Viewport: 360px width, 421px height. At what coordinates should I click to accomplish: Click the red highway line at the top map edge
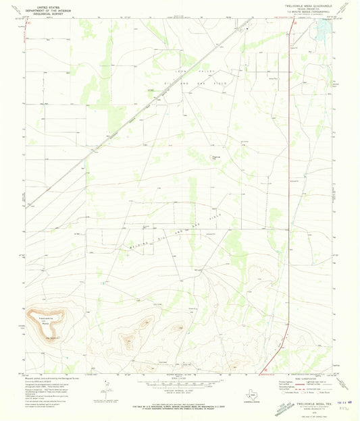[x=292, y=19]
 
